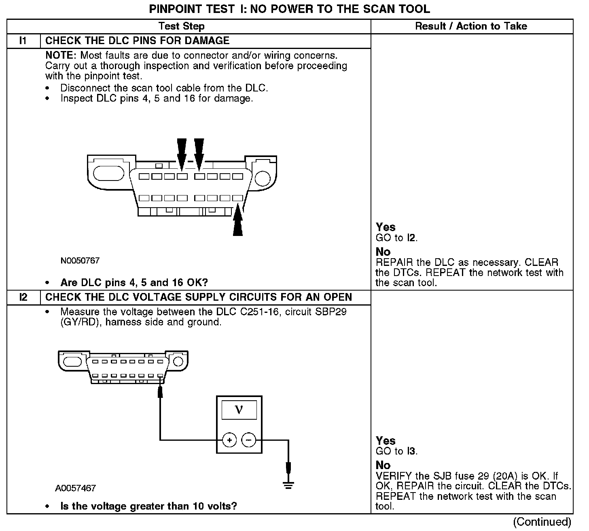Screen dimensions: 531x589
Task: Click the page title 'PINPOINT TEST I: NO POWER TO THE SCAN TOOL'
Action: point(290,9)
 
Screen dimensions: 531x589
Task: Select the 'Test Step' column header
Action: point(182,26)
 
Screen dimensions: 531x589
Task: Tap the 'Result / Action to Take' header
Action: point(471,26)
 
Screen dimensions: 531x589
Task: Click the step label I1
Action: point(23,40)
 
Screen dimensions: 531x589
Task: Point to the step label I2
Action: point(23,297)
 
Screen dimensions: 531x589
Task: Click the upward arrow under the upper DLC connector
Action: point(238,221)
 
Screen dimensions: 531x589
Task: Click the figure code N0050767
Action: point(80,261)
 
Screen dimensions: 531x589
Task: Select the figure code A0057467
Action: point(75,488)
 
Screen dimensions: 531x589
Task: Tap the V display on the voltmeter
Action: point(239,410)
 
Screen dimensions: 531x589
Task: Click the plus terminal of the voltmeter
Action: point(229,440)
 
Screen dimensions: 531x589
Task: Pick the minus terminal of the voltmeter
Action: point(249,440)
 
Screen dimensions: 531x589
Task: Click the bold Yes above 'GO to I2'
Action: point(386,227)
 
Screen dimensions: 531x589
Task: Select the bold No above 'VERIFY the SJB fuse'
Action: point(383,465)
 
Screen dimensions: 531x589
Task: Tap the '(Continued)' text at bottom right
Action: point(542,522)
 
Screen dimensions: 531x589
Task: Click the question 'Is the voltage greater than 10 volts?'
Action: point(148,506)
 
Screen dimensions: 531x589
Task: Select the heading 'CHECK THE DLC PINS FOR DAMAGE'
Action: point(137,40)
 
